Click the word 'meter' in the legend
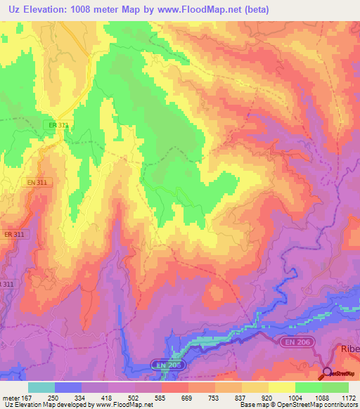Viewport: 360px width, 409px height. pos(12,398)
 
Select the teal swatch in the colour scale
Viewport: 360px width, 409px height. pos(41,387)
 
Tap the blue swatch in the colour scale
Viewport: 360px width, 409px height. pos(68,387)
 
